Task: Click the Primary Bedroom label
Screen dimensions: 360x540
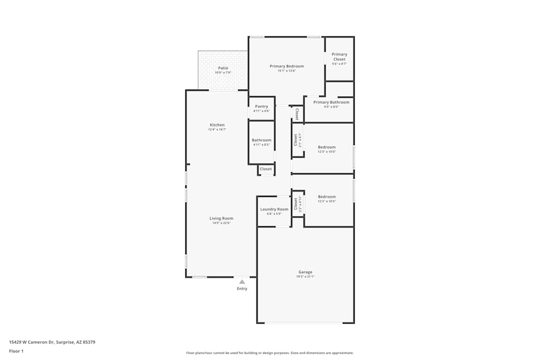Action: [287, 66]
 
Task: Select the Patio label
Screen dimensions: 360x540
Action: [223, 68]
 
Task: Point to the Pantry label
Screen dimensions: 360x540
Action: [261, 106]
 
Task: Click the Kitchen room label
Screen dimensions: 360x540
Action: [217, 125]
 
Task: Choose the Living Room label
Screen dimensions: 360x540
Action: [221, 218]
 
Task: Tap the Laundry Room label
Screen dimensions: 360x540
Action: [274, 209]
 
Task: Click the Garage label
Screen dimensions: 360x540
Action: [305, 272]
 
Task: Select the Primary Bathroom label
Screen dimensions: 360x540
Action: [331, 102]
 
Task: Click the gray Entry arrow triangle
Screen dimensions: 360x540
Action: [242, 282]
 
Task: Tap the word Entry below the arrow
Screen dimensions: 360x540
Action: [242, 289]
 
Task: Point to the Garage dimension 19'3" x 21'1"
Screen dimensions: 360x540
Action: [305, 276]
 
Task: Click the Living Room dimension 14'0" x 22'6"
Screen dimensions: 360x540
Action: [221, 222]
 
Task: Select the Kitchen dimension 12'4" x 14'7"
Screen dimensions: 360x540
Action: [217, 129]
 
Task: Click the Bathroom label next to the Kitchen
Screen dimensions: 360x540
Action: [261, 140]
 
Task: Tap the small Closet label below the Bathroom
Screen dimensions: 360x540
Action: [266, 169]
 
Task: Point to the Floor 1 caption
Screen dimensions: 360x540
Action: [16, 351]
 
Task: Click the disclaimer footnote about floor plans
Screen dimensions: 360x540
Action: [270, 353]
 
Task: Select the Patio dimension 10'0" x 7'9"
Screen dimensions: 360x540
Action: [223, 72]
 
